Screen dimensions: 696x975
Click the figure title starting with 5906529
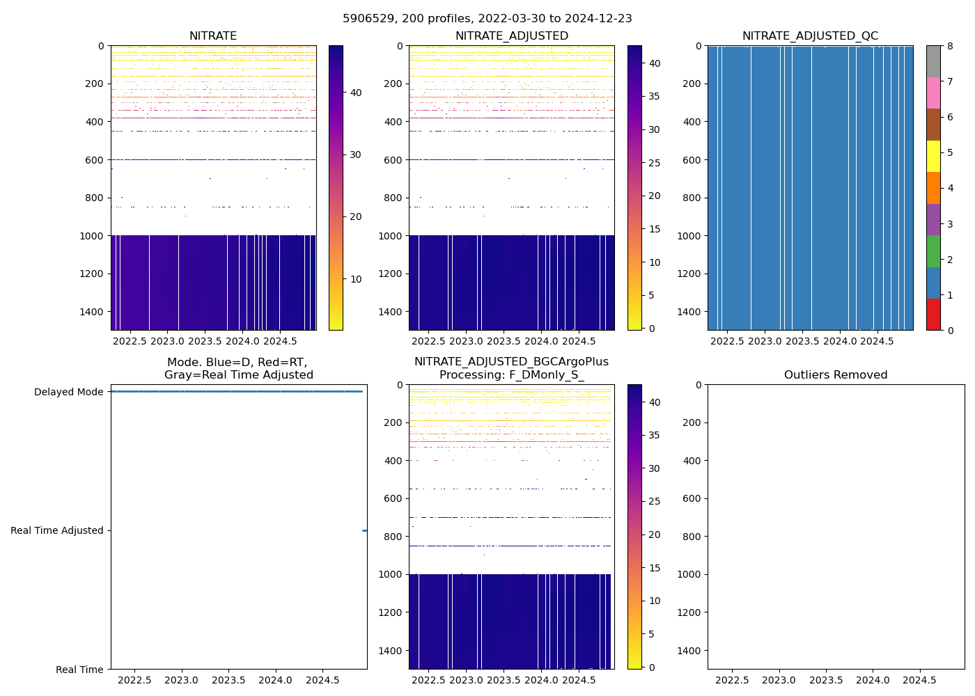[x=487, y=19]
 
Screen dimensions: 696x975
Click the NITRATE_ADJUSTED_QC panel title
[x=810, y=36]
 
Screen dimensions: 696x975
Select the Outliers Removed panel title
[x=836, y=375]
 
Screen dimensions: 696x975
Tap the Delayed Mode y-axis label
[x=68, y=392]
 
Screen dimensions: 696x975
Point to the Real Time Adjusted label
[x=57, y=530]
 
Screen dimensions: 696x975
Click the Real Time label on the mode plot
[x=79, y=670]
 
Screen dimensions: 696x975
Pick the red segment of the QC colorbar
[x=933, y=314]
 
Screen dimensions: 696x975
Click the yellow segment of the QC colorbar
[x=933, y=156]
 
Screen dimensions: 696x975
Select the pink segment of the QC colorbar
[x=933, y=93]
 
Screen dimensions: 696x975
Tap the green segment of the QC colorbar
[x=933, y=251]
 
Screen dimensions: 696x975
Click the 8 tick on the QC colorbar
[x=950, y=46]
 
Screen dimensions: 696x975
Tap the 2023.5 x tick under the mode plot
[x=228, y=680]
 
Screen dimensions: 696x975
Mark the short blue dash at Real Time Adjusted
[x=364, y=530]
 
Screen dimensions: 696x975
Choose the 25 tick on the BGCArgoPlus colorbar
[x=655, y=502]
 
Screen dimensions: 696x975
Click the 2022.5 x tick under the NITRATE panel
[x=130, y=341]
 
